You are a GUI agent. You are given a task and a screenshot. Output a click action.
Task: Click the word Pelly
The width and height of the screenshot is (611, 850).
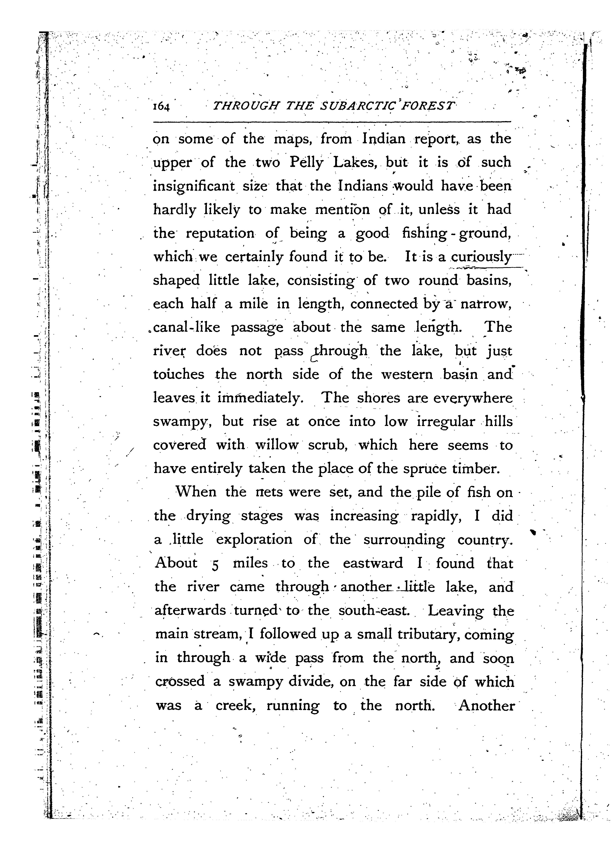click(306, 163)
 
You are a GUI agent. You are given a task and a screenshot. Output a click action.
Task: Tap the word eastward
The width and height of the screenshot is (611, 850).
click(373, 563)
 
